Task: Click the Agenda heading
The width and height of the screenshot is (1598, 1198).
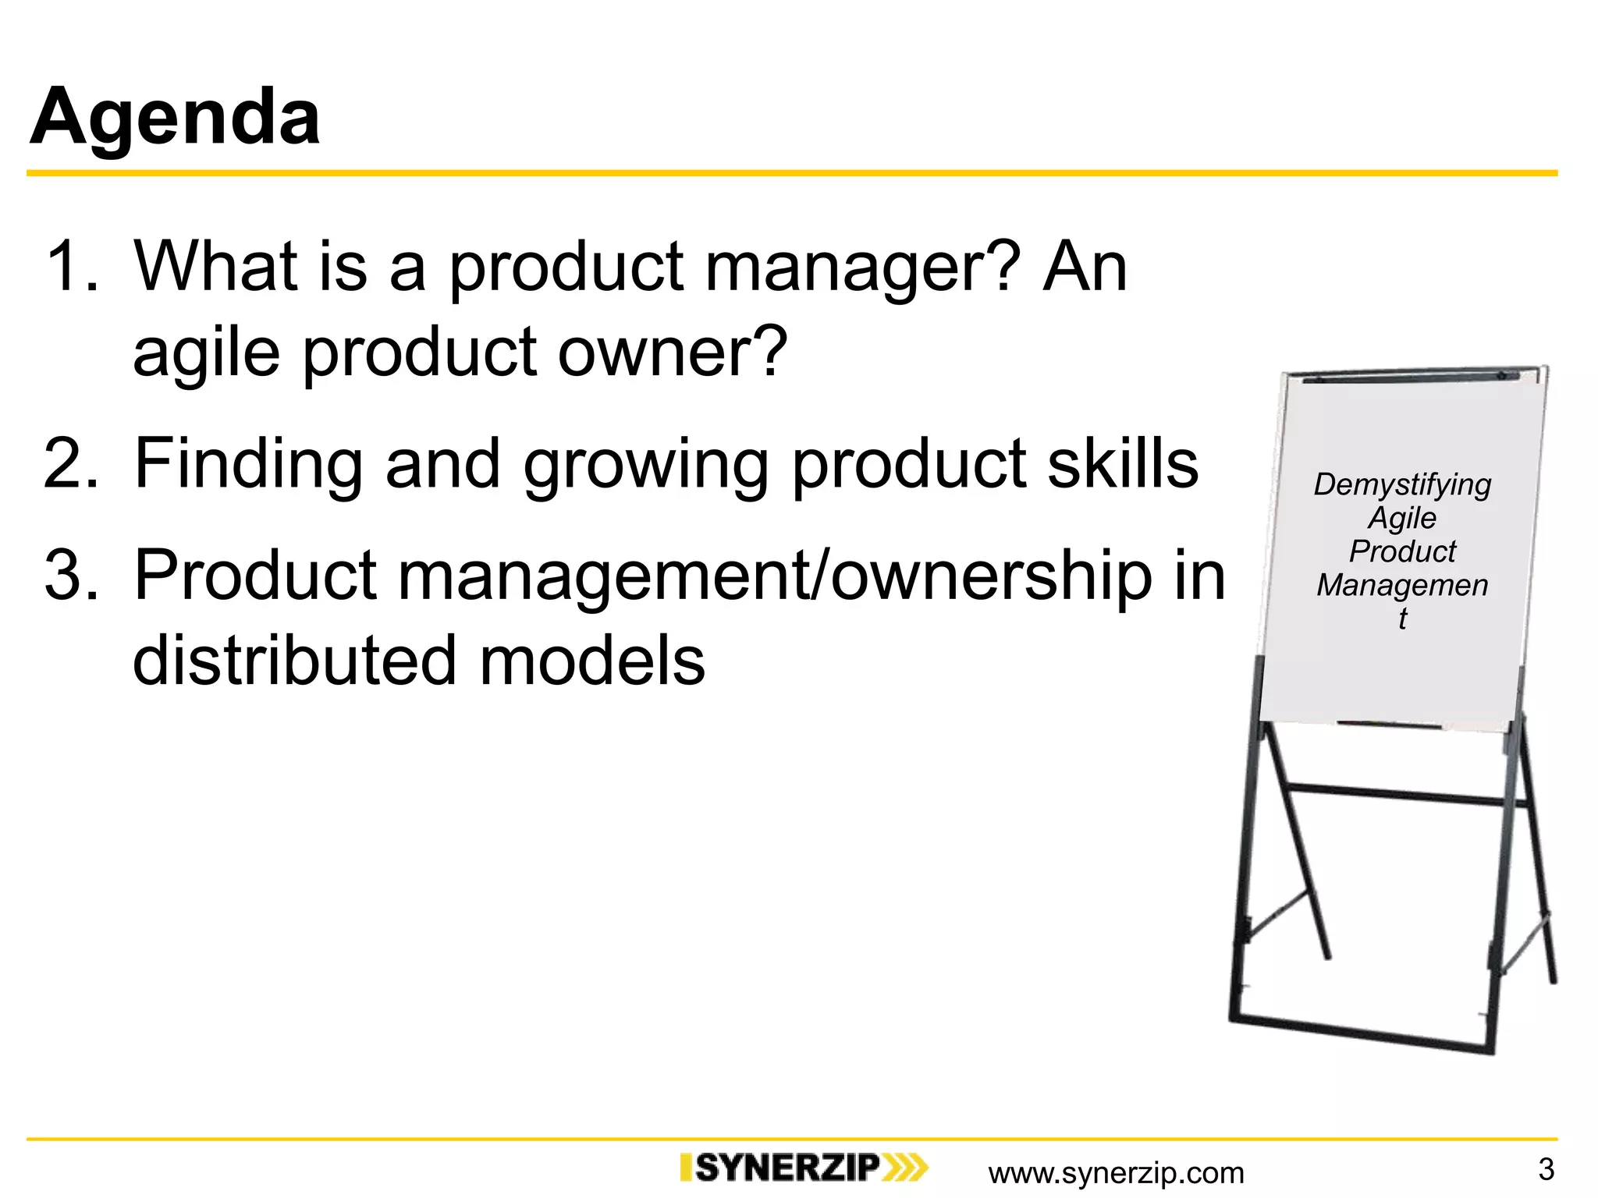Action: pos(175,117)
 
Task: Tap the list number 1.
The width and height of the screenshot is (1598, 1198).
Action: pos(72,267)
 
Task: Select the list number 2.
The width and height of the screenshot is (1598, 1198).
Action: pos(72,463)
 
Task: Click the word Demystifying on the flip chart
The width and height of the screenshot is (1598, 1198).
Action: pos(1402,485)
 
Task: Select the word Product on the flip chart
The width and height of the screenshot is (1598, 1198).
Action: pos(1402,551)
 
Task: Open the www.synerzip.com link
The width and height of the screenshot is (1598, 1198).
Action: pos(1116,1173)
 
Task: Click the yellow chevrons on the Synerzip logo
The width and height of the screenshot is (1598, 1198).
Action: pos(905,1168)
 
